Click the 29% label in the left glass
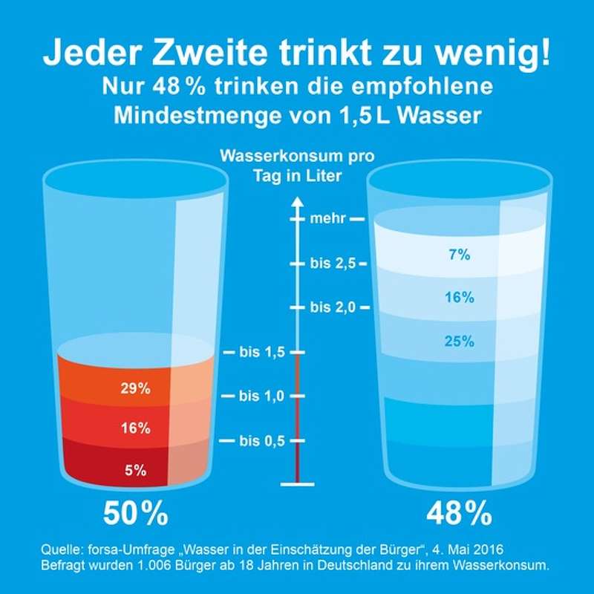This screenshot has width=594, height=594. coord(135,388)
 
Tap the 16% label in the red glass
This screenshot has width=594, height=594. coord(135,428)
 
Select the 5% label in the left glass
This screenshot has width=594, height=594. coord(135,469)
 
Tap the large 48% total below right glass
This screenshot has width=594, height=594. coord(459,514)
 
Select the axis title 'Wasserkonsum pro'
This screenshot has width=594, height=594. coord(297,157)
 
